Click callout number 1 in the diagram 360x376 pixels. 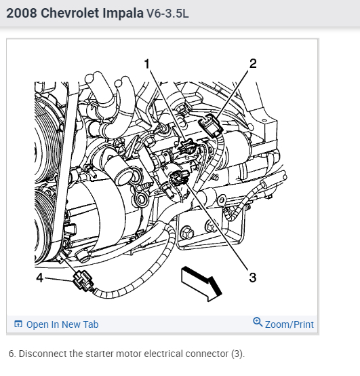[x=147, y=64]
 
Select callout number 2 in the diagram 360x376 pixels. [x=253, y=64]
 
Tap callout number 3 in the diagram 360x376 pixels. [x=253, y=278]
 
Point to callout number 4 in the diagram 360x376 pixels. [x=39, y=278]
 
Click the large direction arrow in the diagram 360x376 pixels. [x=201, y=284]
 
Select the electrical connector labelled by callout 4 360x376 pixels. [x=83, y=281]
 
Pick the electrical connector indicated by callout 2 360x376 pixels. [x=210, y=125]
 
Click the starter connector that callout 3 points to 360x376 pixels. [x=178, y=176]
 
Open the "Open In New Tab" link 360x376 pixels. [x=62, y=324]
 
